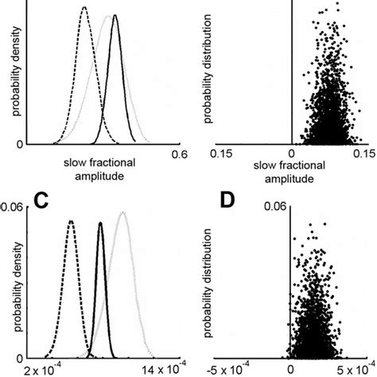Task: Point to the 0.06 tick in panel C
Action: [13, 206]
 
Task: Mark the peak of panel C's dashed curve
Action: [71, 220]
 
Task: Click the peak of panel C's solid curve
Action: [100, 223]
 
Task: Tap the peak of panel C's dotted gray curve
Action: [122, 212]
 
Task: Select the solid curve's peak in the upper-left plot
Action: [115, 15]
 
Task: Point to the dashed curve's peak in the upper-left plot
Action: [84, 7]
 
